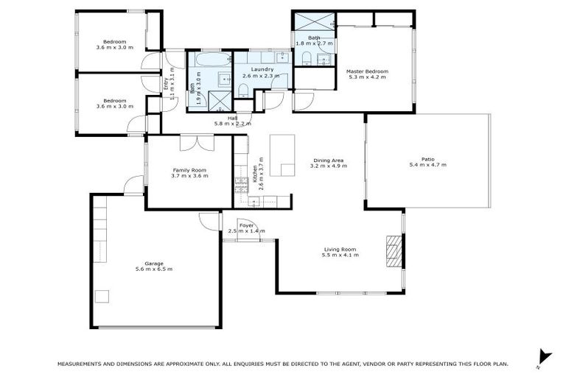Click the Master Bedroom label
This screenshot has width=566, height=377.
pyautogui.click(x=367, y=71)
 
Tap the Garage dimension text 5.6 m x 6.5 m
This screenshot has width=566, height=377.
pyautogui.click(x=154, y=269)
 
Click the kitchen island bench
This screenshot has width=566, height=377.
pyautogui.click(x=281, y=155)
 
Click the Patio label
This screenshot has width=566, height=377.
pyautogui.click(x=427, y=159)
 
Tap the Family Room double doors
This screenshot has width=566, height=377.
pyautogui.click(x=189, y=143)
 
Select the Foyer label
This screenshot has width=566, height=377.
pyautogui.click(x=245, y=225)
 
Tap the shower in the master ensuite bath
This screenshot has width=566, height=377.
pyautogui.click(x=314, y=21)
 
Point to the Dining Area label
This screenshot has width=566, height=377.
pyautogui.click(x=329, y=160)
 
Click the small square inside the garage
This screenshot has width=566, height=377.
pyautogui.click(x=102, y=297)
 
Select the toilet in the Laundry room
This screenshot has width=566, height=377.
pyautogui.click(x=242, y=91)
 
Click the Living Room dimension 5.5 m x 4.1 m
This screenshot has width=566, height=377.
pyautogui.click(x=340, y=256)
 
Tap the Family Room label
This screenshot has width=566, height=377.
pyautogui.click(x=189, y=169)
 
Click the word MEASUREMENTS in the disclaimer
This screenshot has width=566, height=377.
pyautogui.click(x=83, y=364)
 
